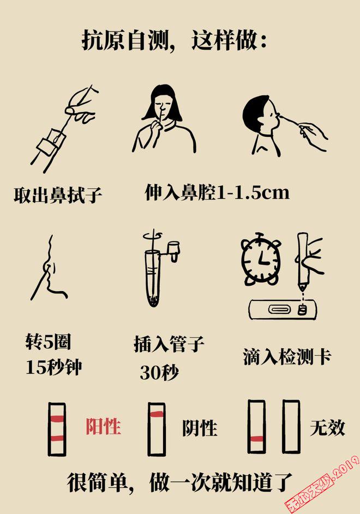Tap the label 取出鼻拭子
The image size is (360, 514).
57,195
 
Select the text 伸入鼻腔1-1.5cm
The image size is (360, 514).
217,192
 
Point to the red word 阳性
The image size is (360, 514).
103,426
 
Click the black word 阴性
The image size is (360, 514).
200,428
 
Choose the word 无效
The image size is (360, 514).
327,427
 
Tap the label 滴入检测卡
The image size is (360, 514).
287,356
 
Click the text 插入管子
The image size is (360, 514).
169,344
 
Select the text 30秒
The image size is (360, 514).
159,372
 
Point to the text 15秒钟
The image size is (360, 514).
53,367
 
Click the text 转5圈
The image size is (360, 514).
48,342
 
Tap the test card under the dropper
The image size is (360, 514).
283,310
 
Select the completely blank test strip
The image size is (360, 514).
291,426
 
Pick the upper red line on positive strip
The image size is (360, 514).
57,419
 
